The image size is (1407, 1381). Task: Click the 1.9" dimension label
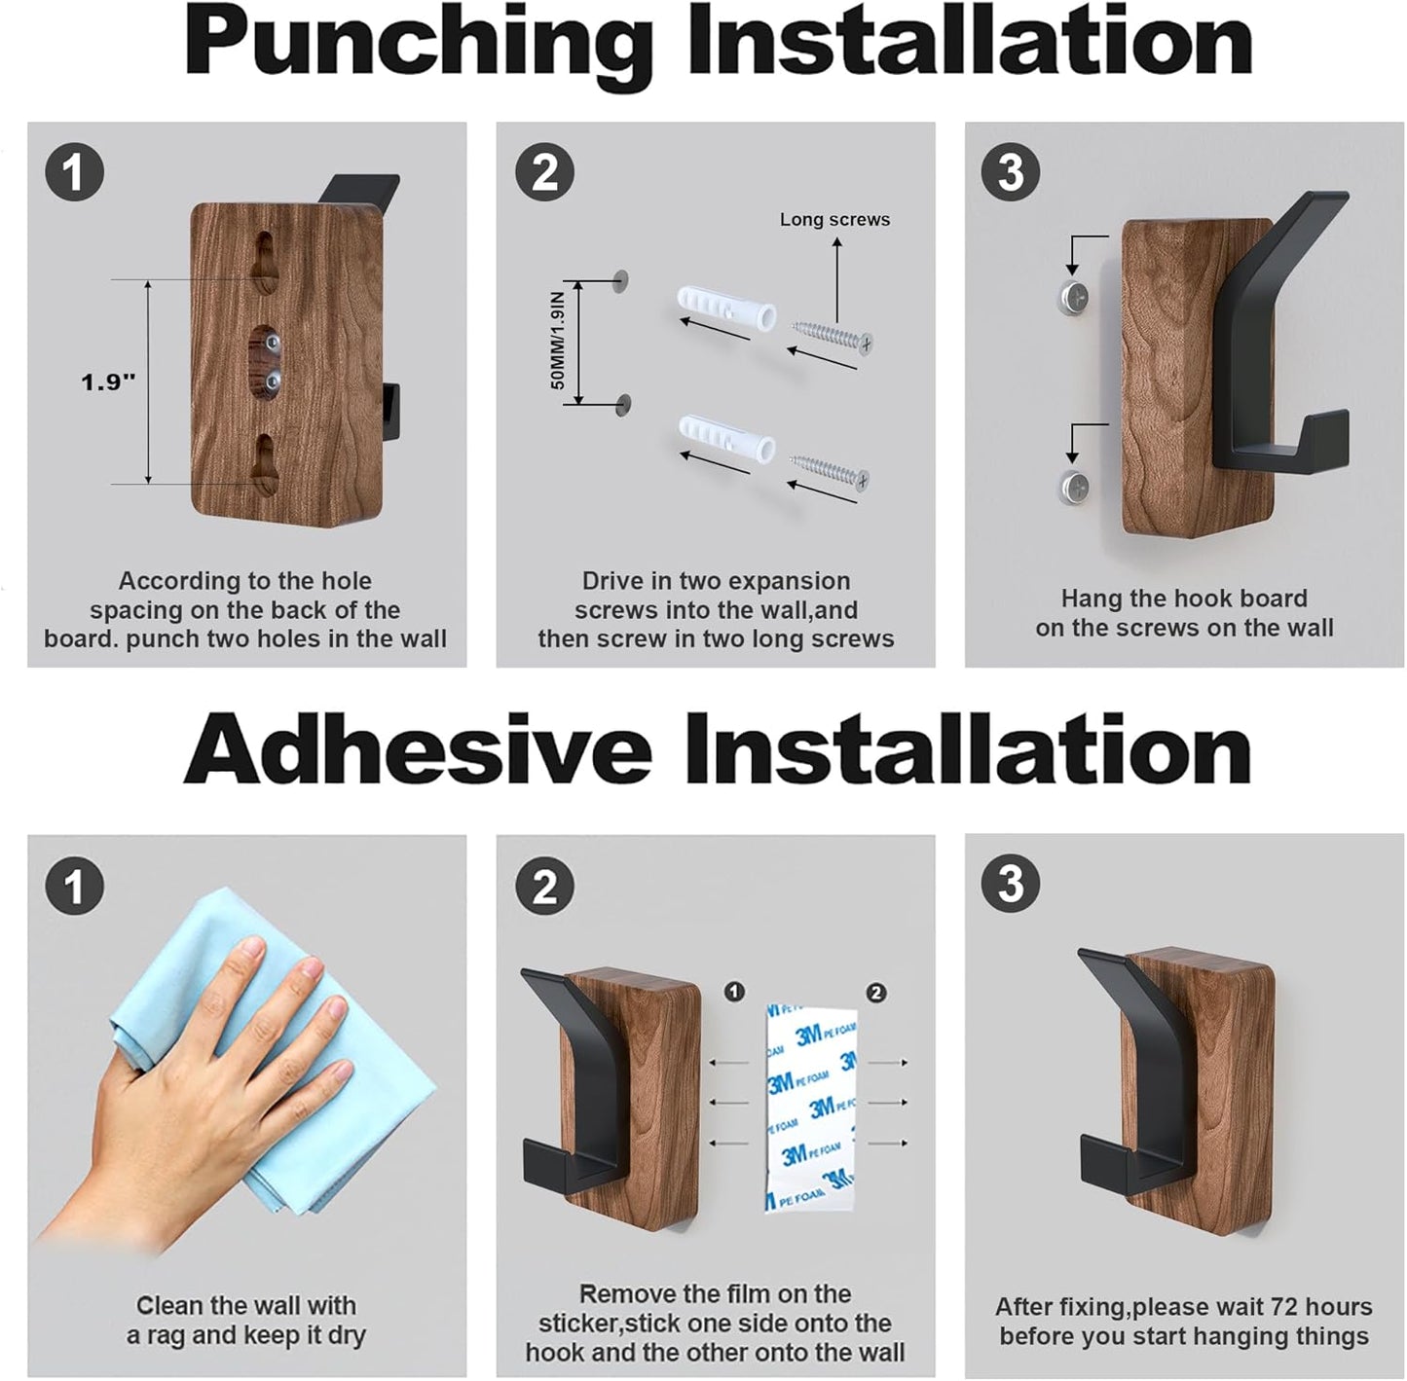(107, 382)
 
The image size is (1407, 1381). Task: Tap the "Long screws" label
(834, 220)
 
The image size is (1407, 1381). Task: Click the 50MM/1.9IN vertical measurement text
(558, 341)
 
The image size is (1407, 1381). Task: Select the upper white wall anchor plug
(725, 309)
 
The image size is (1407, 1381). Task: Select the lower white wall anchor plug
(725, 439)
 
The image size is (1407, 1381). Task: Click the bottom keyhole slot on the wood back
(265, 461)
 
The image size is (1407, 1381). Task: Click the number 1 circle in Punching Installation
(75, 173)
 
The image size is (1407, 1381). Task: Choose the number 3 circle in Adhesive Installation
(1011, 885)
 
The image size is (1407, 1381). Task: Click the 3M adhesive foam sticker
(811, 1108)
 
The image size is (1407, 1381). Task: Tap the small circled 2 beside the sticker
(876, 993)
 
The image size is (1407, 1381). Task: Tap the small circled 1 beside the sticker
(735, 992)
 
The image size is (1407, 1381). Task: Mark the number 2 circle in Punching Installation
(544, 173)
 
